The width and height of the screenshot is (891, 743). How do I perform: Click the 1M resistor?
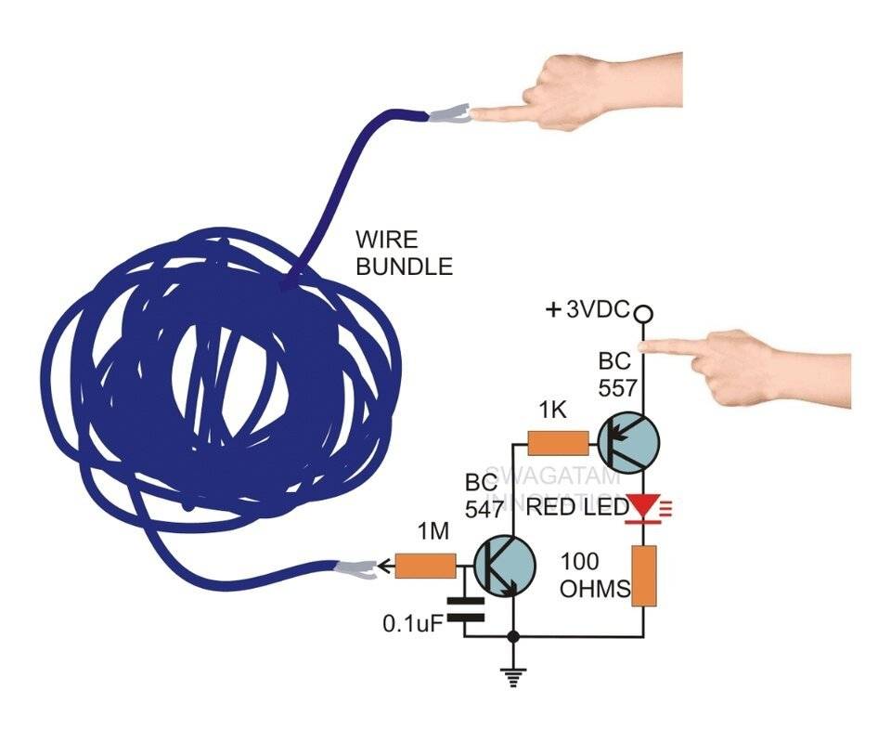click(x=425, y=565)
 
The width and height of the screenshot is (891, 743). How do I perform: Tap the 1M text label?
click(x=433, y=532)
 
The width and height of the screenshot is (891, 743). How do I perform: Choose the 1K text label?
click(x=552, y=408)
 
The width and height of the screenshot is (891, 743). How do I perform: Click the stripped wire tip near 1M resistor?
click(x=360, y=567)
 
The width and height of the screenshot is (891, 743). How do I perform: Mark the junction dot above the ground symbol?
click(x=511, y=637)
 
